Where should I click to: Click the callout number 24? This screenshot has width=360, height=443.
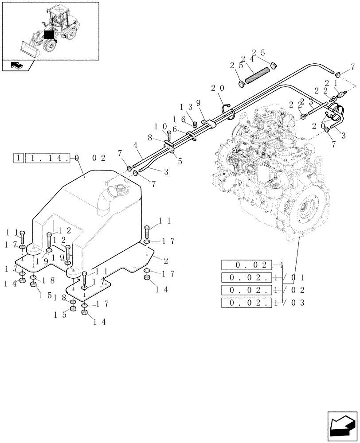point(247,59)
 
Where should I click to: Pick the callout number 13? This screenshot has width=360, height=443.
point(185,107)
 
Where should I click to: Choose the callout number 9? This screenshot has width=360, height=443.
point(198,103)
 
